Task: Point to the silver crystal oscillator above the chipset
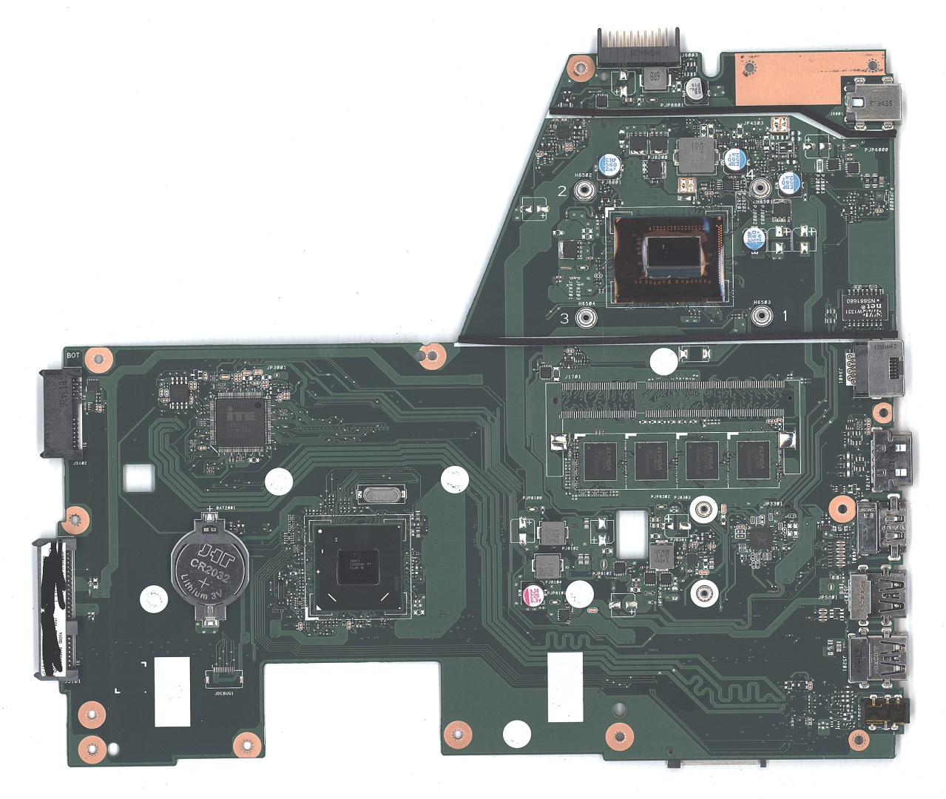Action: [x=377, y=495]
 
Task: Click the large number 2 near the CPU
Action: [x=561, y=191]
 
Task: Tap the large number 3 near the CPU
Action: [x=564, y=319]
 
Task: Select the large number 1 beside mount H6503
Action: [x=785, y=315]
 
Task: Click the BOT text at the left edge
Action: [x=73, y=355]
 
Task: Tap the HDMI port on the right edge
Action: [x=892, y=460]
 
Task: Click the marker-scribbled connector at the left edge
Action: [x=55, y=607]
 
